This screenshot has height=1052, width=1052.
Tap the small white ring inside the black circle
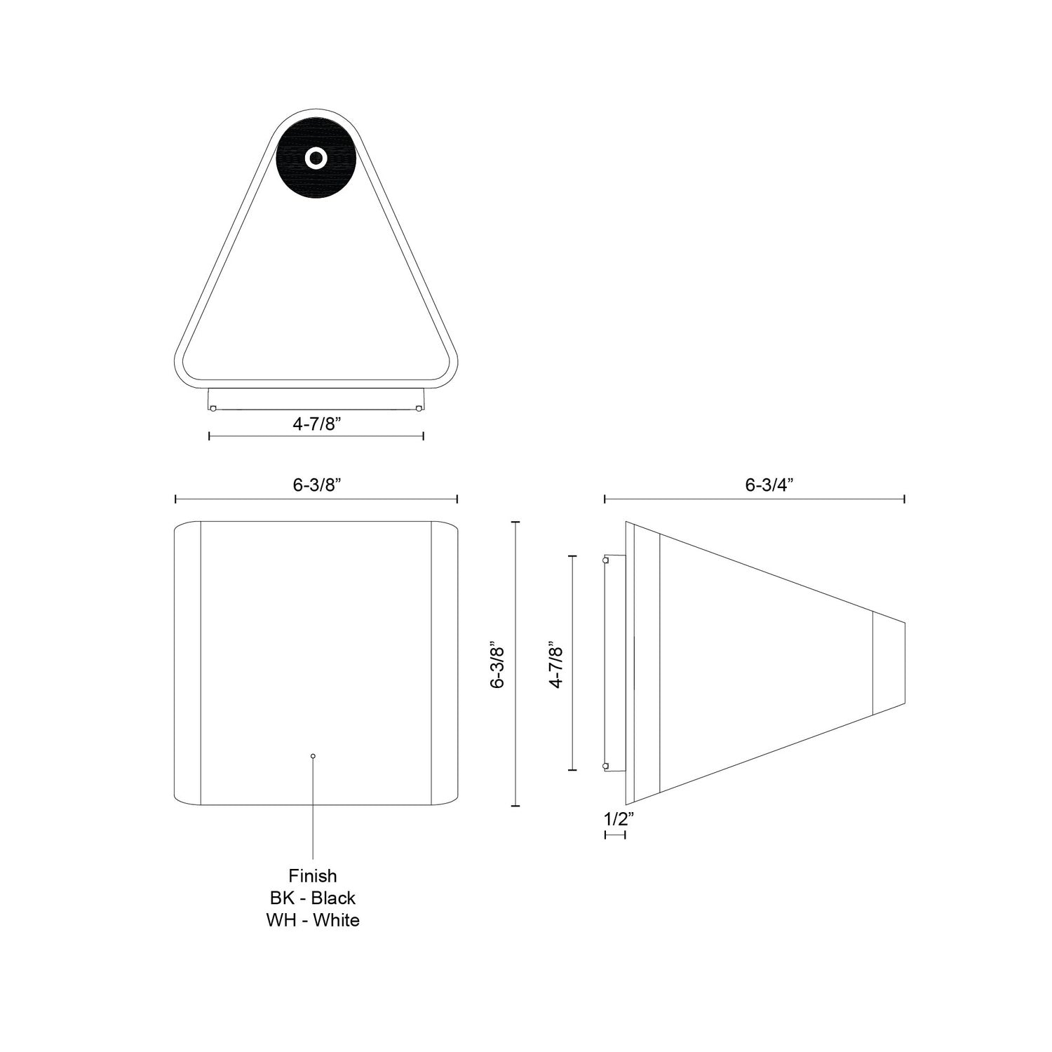click(315, 159)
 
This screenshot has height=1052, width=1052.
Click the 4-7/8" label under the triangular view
click(316, 424)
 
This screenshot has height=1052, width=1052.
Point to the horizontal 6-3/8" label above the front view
click(316, 486)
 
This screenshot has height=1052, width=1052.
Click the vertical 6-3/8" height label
click(498, 663)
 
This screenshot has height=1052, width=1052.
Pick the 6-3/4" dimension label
click(772, 486)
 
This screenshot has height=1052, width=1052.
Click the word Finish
click(313, 876)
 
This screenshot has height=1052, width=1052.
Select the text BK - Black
click(313, 898)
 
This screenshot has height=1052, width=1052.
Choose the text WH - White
click(313, 920)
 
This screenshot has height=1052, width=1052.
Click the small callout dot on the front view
click(313, 756)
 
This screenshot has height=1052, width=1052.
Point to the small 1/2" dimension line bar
click(615, 835)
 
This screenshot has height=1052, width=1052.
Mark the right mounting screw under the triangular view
click(419, 408)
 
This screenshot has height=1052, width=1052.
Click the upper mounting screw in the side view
click(606, 560)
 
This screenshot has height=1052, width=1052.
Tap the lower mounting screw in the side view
click(606, 766)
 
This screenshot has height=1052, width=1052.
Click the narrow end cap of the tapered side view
click(889, 663)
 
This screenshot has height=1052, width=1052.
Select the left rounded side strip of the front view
click(187, 663)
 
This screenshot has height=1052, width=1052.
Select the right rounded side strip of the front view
click(444, 663)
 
